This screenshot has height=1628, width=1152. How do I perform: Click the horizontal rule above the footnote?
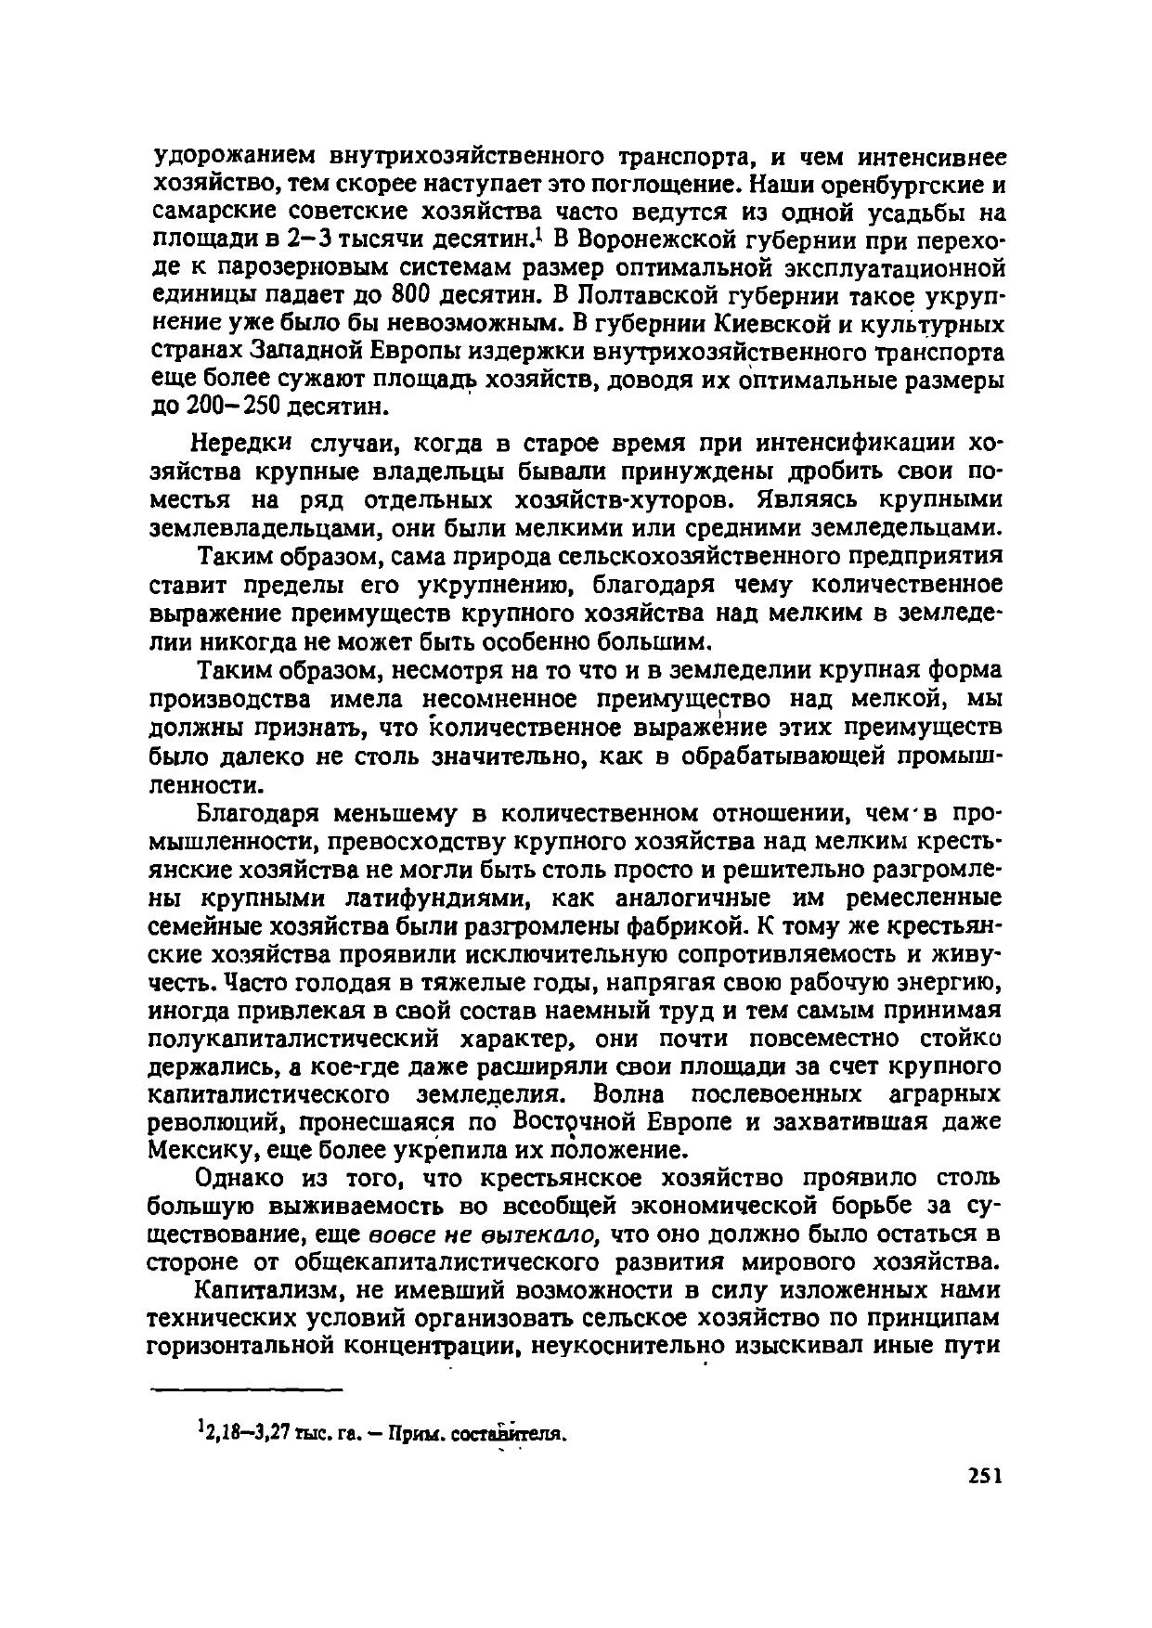click(x=246, y=1389)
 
